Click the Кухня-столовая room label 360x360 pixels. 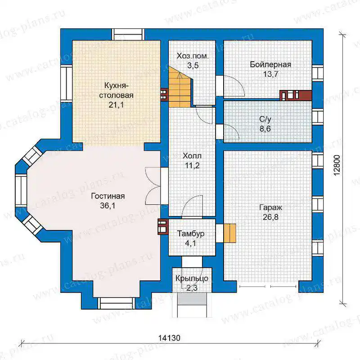(x=116, y=90)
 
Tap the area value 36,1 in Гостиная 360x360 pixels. (x=108, y=206)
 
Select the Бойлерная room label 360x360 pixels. (x=270, y=64)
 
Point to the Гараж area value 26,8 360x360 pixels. (x=270, y=217)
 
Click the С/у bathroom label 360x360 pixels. (x=265, y=119)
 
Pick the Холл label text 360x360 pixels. (x=192, y=156)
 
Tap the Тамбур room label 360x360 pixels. (x=191, y=234)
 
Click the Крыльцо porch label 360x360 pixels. (x=192, y=278)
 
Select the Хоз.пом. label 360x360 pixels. (x=193, y=56)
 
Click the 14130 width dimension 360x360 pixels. (x=170, y=338)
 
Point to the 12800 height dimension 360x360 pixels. (x=337, y=166)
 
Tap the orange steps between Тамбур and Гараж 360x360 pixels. (x=230, y=233)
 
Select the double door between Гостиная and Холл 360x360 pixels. (x=153, y=186)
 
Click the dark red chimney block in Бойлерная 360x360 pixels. (x=296, y=95)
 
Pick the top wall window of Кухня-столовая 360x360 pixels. (x=128, y=35)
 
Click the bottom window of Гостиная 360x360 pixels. (x=117, y=303)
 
